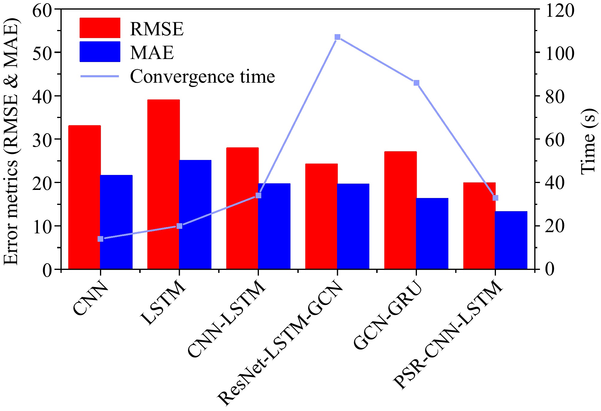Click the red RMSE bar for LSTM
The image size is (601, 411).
click(x=163, y=184)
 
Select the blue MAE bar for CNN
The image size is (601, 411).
click(x=116, y=222)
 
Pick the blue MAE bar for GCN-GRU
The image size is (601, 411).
click(x=432, y=233)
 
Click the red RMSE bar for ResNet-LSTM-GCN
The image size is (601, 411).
click(x=321, y=216)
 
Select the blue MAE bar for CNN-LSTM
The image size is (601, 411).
click(x=274, y=226)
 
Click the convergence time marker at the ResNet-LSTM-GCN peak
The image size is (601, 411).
click(x=338, y=37)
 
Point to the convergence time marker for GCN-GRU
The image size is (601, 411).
click(x=416, y=83)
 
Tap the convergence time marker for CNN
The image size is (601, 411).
click(x=101, y=239)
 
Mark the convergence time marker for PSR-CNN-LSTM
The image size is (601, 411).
click(x=495, y=198)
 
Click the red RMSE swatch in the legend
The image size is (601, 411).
click(x=100, y=28)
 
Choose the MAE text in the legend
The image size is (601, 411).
click(x=152, y=53)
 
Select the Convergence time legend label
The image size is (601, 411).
click(x=202, y=76)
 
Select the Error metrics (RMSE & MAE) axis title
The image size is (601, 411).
click(x=11, y=141)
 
